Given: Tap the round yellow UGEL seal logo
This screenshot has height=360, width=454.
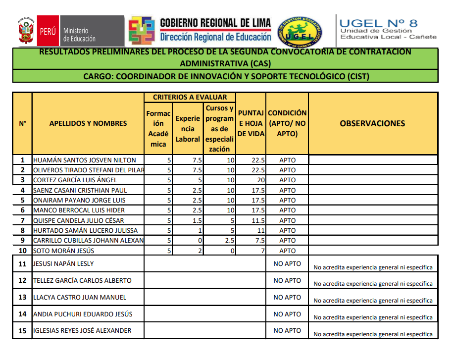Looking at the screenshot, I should point(299,30).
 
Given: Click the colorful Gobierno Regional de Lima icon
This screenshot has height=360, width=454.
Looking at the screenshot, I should point(142,31).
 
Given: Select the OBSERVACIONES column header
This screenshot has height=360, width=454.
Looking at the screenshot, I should point(372,124).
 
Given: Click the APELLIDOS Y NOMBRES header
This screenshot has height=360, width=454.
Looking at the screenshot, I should point(88,124).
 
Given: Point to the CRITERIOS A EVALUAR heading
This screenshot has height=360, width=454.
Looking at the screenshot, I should point(190,98).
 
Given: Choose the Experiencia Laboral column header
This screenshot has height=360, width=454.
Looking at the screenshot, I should point(188,129).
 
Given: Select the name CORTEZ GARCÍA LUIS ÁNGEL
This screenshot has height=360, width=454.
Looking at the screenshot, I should point(75,180).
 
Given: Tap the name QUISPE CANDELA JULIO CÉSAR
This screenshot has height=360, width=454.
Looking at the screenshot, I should point(79,220).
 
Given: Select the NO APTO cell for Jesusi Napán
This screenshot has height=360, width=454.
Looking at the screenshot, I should point(287,264).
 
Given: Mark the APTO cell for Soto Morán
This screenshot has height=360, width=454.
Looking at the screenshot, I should point(287,251).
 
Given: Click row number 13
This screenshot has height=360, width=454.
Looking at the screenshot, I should point(22,298).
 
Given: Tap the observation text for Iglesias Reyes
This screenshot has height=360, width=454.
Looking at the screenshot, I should point(373,334).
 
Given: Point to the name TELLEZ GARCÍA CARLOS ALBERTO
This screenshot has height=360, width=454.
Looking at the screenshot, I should point(82,281).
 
